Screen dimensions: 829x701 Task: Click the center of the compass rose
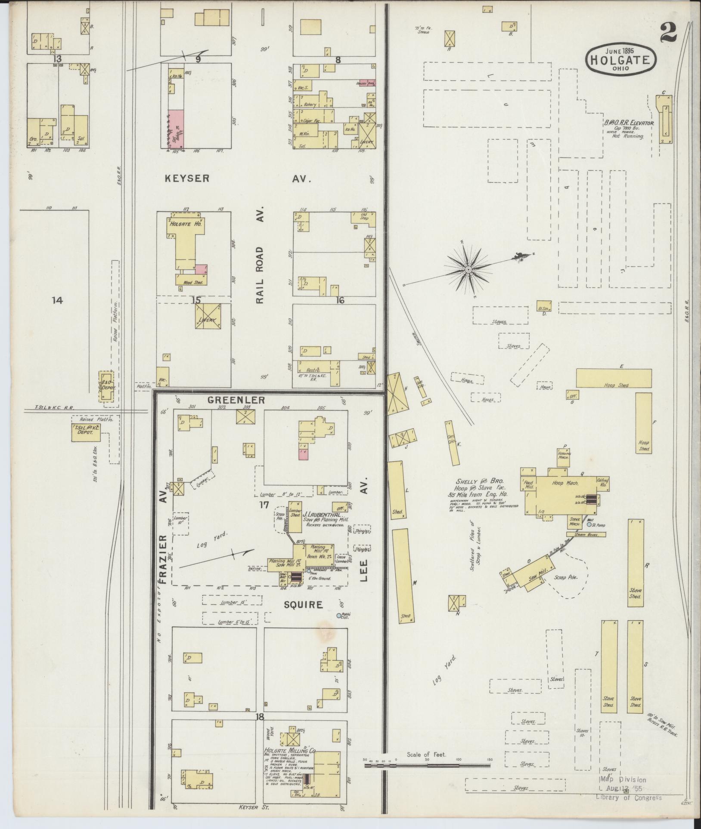pyautogui.click(x=468, y=270)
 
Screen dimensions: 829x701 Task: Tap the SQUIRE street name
pyautogui.click(x=303, y=605)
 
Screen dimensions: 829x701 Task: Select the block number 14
pyautogui.click(x=57, y=300)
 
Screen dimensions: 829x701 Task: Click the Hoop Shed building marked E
pyautogui.click(x=613, y=378)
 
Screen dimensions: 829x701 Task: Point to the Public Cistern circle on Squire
pyautogui.click(x=338, y=616)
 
